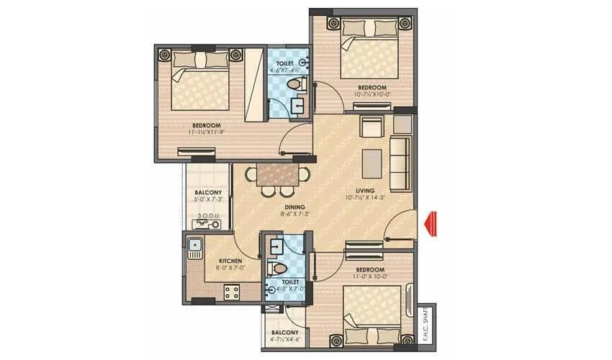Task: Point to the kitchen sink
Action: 194,248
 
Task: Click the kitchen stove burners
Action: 232,292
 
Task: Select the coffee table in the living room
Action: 373,160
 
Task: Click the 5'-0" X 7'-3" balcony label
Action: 207,199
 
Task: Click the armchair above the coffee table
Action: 372,128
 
